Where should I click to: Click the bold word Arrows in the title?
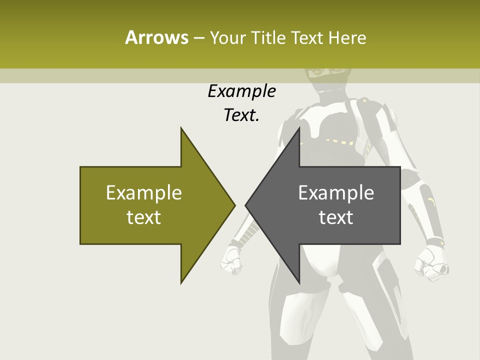[x=156, y=37]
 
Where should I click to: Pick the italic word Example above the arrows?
[x=241, y=91]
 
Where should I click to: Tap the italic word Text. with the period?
[x=241, y=115]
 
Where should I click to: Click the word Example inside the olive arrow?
[x=144, y=193]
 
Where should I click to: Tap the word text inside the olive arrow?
[x=144, y=217]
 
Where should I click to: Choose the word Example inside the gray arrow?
[x=336, y=193]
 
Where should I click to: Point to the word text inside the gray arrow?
[x=336, y=217]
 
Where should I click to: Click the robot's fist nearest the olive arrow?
[x=233, y=262]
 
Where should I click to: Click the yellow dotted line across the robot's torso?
[x=340, y=141]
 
